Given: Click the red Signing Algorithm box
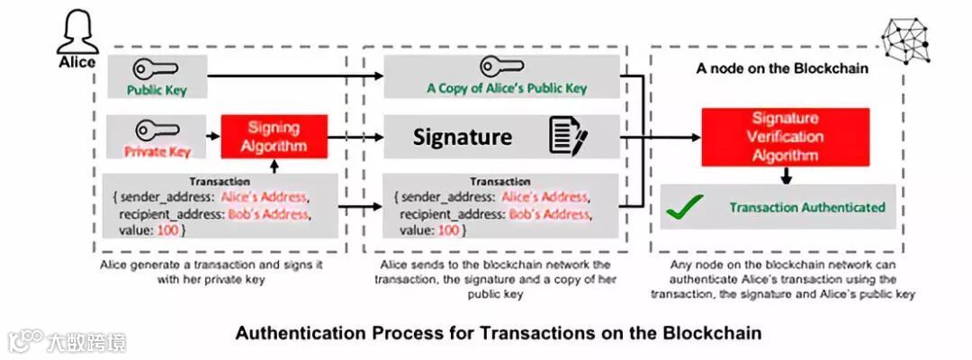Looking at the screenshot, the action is coord(273,137).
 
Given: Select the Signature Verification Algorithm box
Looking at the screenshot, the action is coord(785,137).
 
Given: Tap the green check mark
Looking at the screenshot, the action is coord(684,208).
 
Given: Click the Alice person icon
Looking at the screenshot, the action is coord(76,34).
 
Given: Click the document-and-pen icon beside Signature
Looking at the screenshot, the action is coord(568,138).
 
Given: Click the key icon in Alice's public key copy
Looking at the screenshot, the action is coord(501,66).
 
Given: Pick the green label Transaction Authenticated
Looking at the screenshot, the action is coord(806,208).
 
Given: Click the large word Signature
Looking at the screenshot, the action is coord(463,137).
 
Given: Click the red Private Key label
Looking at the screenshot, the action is coord(157,151).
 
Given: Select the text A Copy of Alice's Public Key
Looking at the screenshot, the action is coord(507,88).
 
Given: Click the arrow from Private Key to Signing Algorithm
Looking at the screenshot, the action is coord(213,137).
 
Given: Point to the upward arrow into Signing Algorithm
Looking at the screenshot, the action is coord(274,166).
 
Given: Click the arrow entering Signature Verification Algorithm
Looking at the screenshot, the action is coord(675,137).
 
